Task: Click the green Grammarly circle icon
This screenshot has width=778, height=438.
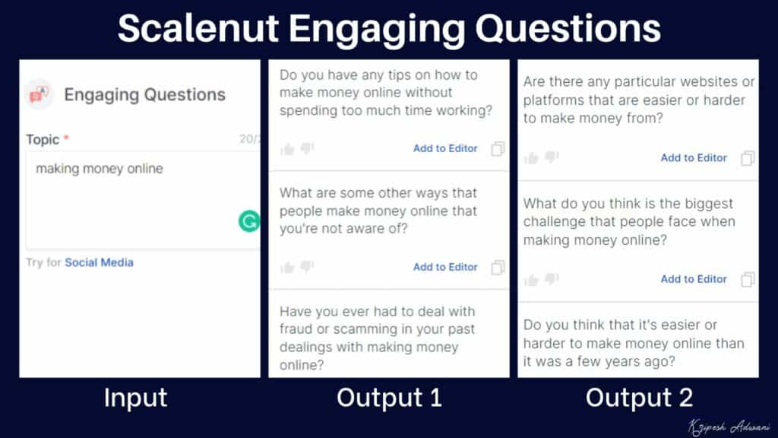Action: [x=248, y=221]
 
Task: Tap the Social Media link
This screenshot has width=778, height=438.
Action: [x=99, y=262]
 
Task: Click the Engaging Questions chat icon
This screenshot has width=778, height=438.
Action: [x=39, y=94]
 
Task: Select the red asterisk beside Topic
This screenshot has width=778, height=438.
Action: [x=66, y=139]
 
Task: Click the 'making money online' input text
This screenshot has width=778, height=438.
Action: [x=100, y=168]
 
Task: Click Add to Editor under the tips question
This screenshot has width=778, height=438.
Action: [x=445, y=148]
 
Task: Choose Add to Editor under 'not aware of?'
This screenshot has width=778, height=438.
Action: [x=445, y=267]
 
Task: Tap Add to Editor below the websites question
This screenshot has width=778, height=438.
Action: [x=694, y=157]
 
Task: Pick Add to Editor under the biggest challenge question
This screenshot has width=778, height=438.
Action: [x=694, y=279]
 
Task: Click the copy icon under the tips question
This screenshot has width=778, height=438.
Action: [x=498, y=148]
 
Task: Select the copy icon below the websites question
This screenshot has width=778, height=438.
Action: [x=748, y=158]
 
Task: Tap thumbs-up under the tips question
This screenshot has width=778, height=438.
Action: [x=287, y=149]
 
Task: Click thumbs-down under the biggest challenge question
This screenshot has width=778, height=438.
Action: [x=552, y=279]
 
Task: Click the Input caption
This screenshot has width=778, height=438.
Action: [x=135, y=398]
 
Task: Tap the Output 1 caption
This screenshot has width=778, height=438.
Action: [x=389, y=398]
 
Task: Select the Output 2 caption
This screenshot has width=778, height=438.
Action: [x=639, y=398]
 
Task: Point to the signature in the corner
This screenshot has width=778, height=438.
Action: [x=726, y=424]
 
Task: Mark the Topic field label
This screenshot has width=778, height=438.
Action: [x=43, y=139]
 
